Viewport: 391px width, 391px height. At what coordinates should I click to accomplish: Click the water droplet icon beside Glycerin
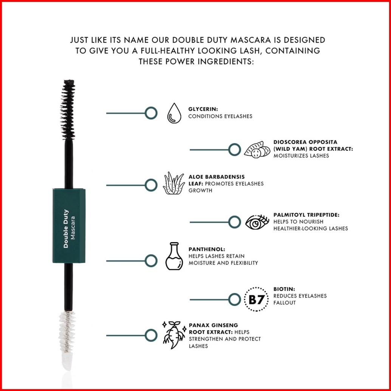pos(174,113)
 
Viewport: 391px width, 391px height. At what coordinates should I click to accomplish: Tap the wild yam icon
pos(257,150)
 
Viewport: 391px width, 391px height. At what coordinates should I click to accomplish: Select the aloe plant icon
pos(174,183)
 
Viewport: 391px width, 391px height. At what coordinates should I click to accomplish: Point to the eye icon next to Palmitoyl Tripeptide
pos(257,222)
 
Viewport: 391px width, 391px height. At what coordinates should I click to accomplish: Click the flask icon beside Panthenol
pos(174,256)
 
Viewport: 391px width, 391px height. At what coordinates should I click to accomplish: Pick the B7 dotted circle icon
pos(256,299)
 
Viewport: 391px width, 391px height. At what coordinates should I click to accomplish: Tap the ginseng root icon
pos(174,335)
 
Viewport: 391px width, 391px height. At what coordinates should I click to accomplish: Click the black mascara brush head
pos(68,110)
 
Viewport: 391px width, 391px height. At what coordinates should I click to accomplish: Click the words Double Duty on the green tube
pos(66,229)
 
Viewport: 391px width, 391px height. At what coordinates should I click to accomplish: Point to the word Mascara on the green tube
pos(73,228)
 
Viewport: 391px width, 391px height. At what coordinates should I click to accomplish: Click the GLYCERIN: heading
pos(203,109)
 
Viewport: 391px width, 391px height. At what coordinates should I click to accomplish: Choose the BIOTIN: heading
pos(284,289)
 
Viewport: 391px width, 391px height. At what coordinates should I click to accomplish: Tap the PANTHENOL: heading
pos(207,249)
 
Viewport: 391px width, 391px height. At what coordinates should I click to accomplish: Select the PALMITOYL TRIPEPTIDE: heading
pos(306,215)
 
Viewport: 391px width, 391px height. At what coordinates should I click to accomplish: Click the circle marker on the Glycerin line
pos(151,113)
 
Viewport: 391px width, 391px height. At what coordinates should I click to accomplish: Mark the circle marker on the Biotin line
pos(234,299)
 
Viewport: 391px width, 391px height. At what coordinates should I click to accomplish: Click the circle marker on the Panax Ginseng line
pos(151,335)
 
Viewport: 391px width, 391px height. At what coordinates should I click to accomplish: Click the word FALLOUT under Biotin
pos(284,303)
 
